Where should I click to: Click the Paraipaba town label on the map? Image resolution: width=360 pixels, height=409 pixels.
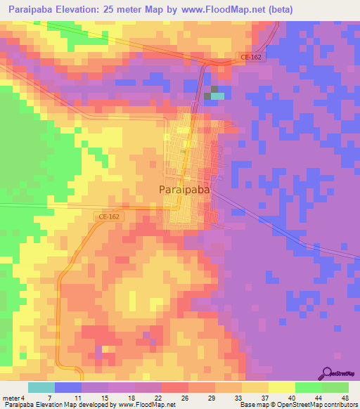182,190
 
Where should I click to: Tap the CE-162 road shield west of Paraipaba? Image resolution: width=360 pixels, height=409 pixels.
109,217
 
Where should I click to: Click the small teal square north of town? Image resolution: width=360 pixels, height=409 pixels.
219,96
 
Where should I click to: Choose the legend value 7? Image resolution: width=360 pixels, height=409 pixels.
49,397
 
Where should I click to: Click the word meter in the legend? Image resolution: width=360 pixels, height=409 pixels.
10,397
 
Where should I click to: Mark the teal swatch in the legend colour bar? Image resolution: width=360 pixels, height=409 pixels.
41,387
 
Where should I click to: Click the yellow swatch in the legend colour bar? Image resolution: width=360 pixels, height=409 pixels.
281,387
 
